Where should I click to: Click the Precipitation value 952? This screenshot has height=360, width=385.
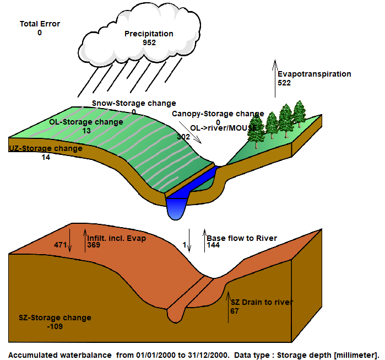coord(149,42)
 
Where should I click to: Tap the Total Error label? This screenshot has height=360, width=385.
coord(40,24)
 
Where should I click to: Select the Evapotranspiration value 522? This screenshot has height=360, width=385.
coord(284,83)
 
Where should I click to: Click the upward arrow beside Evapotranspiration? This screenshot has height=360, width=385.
coord(275,79)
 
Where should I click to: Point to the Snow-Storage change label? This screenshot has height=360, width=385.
coord(134,103)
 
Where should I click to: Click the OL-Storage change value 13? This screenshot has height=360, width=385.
coord(86,131)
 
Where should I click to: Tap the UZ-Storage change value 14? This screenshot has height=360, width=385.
coord(46,157)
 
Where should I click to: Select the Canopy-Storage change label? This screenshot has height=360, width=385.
coord(218,114)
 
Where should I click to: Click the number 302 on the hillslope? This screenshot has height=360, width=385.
coord(183,137)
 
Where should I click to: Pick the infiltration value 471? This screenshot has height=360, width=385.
coord(61,245)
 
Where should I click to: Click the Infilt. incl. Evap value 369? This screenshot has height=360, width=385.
coord(94,245)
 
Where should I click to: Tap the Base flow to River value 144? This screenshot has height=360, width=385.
coord(213,245)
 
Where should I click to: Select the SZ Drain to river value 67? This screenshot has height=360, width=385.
coord(235,311)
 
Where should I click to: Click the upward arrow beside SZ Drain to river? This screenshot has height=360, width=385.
coord(228,307)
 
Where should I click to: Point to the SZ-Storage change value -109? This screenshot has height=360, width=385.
coord(55,326)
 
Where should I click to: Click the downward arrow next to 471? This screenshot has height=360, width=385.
coord(70,240)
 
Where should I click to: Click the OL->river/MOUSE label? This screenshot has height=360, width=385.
coord(224,128)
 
